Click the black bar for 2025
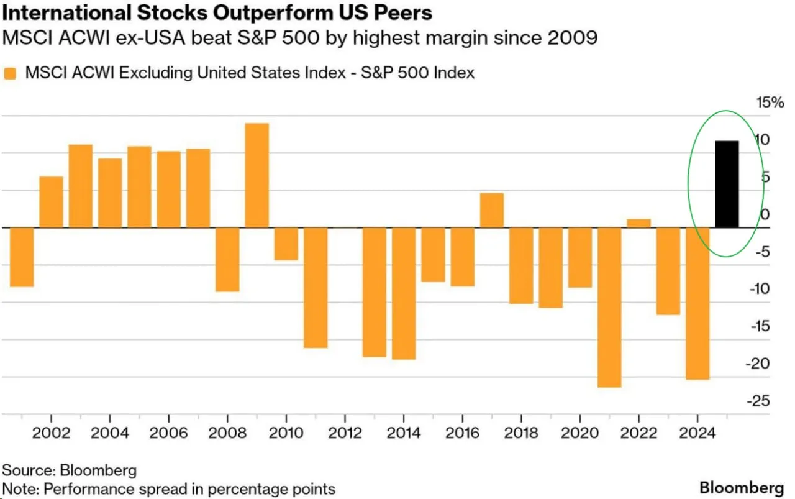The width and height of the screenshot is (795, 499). click(x=727, y=185)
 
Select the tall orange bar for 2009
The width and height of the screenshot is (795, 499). click(x=257, y=175)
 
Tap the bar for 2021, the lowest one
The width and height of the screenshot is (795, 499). click(x=609, y=307)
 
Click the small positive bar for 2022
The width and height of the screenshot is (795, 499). click(x=638, y=223)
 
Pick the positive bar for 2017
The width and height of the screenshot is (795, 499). click(x=492, y=210)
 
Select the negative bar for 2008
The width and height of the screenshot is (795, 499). click(x=227, y=259)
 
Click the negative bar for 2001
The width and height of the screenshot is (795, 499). click(x=22, y=257)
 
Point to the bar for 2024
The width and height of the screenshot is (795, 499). click(x=697, y=303)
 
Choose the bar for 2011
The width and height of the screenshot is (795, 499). click(x=316, y=287)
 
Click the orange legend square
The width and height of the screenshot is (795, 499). click(x=11, y=73)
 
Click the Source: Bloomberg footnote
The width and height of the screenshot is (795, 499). click(x=70, y=469)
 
